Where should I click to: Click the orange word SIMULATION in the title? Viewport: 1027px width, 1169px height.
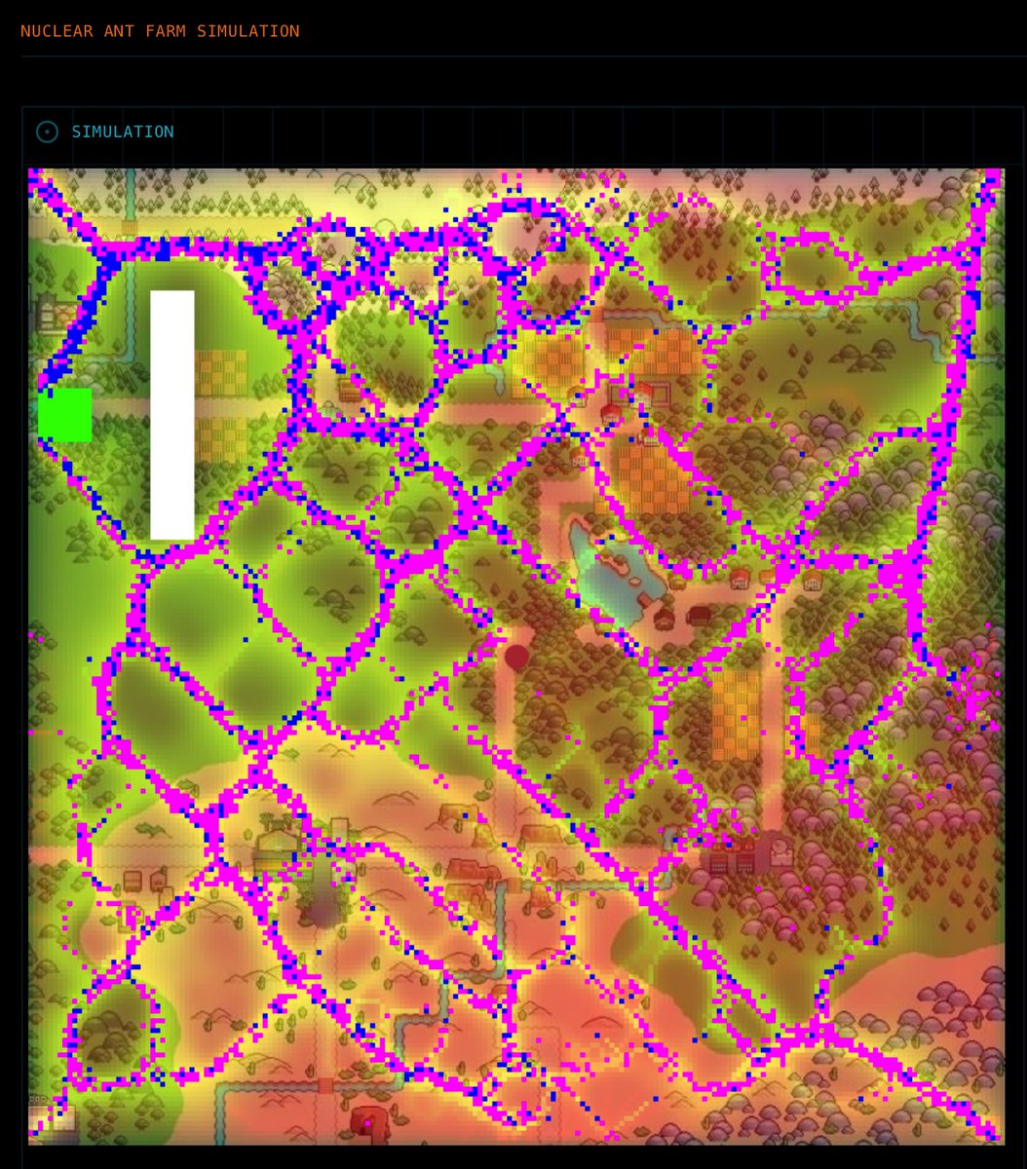click(248, 31)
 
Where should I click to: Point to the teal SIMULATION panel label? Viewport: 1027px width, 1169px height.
click(123, 132)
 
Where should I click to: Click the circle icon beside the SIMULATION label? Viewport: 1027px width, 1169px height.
click(47, 132)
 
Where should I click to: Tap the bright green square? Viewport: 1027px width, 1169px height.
click(65, 415)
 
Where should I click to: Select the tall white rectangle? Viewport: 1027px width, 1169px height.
click(172, 414)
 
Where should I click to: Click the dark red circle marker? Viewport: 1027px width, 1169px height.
click(516, 657)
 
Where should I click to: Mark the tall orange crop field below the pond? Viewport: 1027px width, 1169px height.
click(735, 715)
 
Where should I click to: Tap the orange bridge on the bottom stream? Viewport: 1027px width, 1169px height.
click(325, 1084)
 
